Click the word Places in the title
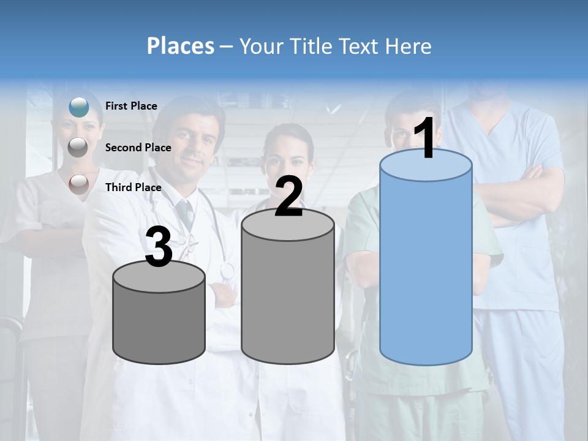[x=181, y=46]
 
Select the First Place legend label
[x=131, y=106]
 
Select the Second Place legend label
[x=138, y=148]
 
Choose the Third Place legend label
[x=134, y=187]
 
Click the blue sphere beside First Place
[x=79, y=107]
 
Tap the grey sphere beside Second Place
[x=78, y=147]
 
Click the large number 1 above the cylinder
[x=424, y=139]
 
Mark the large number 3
[x=159, y=247]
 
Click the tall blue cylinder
[x=426, y=269]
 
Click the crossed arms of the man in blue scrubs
[x=521, y=196]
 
